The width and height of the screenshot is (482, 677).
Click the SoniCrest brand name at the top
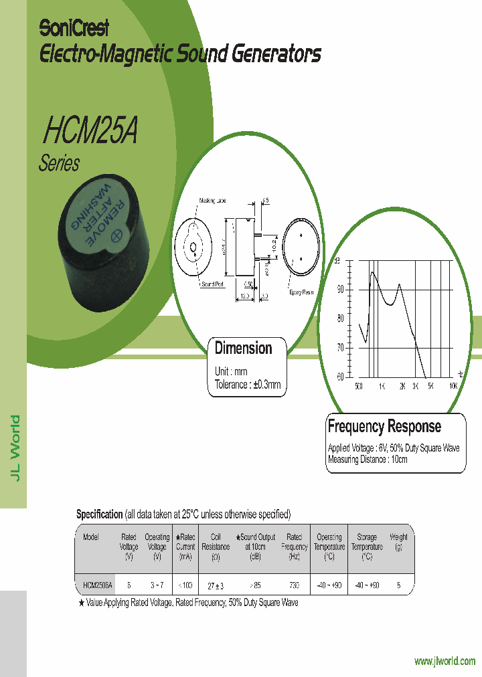(x=74, y=28)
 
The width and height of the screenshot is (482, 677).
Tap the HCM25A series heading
(x=90, y=131)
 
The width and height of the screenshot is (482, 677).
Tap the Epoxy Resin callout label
(x=301, y=292)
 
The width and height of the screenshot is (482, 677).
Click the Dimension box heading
(x=243, y=349)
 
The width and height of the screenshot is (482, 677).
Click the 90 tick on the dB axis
(x=340, y=290)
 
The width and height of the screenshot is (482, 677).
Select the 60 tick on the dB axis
(x=340, y=376)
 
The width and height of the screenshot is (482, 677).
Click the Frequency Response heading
(x=384, y=426)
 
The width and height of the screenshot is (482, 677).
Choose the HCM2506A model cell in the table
(x=98, y=585)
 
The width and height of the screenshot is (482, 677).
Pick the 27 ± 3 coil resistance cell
(x=215, y=585)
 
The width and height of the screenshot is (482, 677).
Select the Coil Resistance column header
(x=216, y=547)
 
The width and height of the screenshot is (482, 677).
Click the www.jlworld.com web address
(x=445, y=662)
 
